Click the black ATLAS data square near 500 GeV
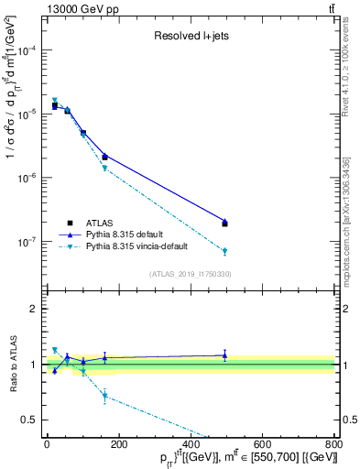pos(224,224)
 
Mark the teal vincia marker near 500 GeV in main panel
pos(224,251)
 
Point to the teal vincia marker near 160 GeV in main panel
pos(104,169)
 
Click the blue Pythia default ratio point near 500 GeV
pos(224,354)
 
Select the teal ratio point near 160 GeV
pos(104,396)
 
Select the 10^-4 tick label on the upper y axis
pos(25,50)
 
